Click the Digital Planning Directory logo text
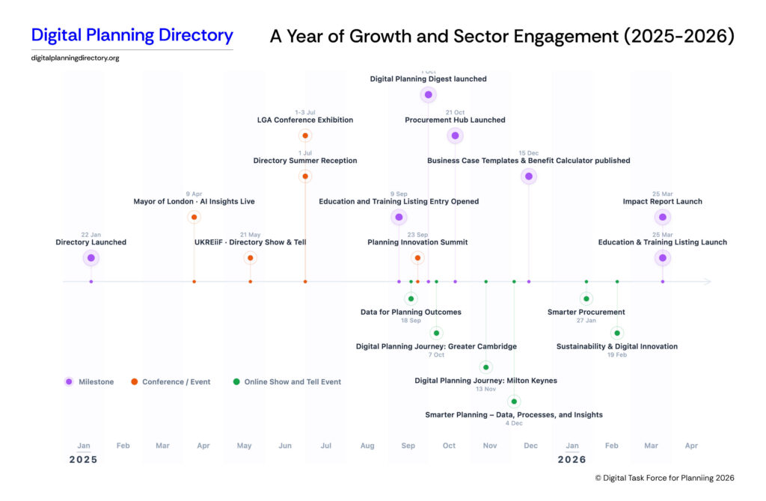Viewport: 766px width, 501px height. pos(132,35)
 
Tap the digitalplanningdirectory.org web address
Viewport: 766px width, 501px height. pos(75,58)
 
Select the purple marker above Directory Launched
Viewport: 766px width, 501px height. pos(91,258)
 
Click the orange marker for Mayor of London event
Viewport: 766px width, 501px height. pos(194,218)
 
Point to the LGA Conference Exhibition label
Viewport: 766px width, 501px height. pos(305,120)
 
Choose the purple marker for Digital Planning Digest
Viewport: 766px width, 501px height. pos(428,94)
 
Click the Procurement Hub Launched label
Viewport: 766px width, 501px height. pos(455,120)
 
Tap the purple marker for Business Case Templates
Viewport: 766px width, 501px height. pos(529,176)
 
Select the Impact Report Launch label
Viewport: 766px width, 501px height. pos(662,201)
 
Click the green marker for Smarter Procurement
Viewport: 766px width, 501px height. pos(586,299)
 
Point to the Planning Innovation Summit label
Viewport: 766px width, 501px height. pos(417,242)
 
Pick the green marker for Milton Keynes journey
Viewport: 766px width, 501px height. pos(486,367)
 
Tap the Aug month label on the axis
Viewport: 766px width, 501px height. pos(367,446)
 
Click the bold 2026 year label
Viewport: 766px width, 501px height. pos(572,460)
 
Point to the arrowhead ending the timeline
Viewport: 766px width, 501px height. pos(708,282)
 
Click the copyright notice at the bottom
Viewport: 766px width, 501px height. pos(664,478)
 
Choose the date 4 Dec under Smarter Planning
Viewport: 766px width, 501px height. pos(514,424)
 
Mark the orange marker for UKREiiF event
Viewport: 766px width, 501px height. pos(251,258)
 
